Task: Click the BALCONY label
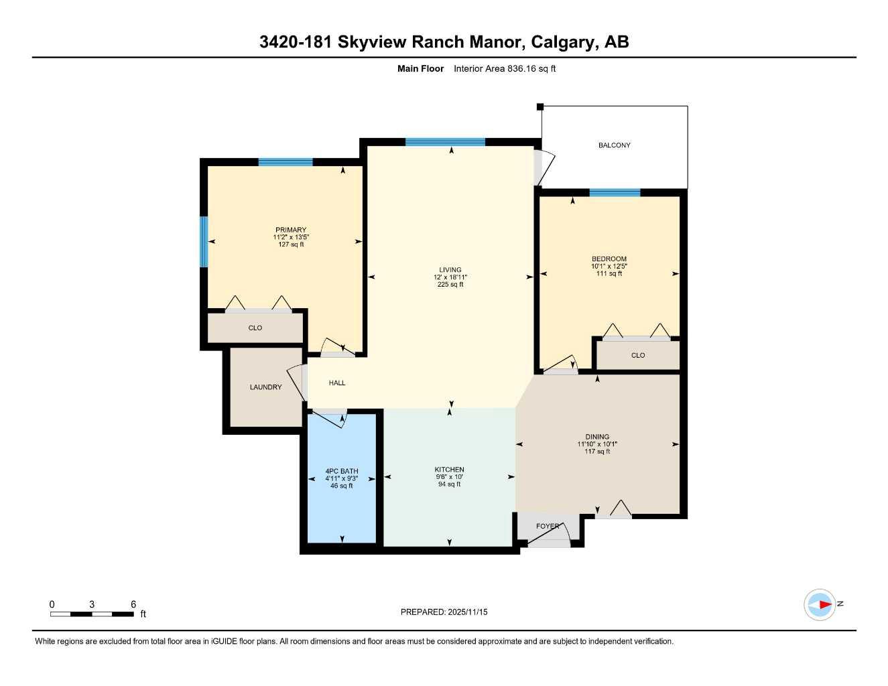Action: click(x=614, y=145)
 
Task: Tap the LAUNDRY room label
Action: click(x=265, y=387)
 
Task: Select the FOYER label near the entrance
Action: click(x=547, y=526)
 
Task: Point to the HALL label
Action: click(x=337, y=383)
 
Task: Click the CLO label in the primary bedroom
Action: click(x=255, y=328)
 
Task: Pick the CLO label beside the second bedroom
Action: click(x=638, y=355)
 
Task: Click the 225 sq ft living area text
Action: click(x=450, y=284)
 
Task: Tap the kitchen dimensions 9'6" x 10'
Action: click(x=449, y=476)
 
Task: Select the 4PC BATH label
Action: click(x=342, y=471)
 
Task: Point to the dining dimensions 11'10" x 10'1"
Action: click(x=597, y=444)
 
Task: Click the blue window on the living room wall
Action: click(x=445, y=142)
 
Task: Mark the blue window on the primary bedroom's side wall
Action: click(x=204, y=241)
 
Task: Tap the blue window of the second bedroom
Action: click(x=615, y=193)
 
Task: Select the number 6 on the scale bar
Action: click(x=133, y=604)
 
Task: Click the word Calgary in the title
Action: click(x=562, y=42)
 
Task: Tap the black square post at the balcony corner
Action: click(x=540, y=107)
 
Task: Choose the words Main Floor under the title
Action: click(x=420, y=68)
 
